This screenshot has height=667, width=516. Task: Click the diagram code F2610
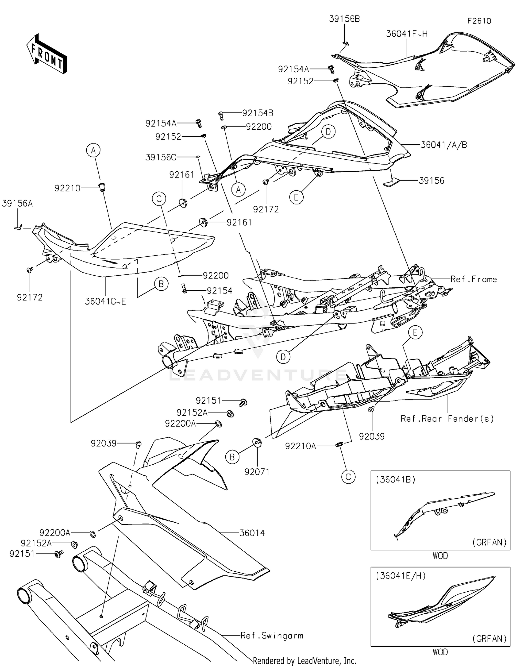tap(479, 21)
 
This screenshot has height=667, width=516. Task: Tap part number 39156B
tap(344, 19)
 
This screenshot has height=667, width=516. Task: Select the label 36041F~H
tap(407, 34)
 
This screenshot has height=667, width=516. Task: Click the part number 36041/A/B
tap(443, 145)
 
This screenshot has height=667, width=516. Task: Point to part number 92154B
tap(258, 113)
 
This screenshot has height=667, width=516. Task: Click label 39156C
tap(161, 157)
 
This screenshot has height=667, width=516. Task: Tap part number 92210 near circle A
tap(67, 188)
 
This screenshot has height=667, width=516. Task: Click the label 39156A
tap(17, 203)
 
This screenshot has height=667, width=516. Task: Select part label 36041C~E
tap(106, 301)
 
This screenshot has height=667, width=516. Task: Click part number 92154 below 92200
tap(219, 291)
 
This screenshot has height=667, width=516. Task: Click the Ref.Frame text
tap(473, 279)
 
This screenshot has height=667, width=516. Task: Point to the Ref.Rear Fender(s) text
tap(447, 419)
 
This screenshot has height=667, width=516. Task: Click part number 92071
tap(257, 472)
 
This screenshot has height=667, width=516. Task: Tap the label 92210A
tap(300, 446)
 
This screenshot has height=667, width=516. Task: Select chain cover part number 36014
tap(252, 533)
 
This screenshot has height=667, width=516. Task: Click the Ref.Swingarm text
tap(272, 636)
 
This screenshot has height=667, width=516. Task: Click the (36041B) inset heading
tap(396, 479)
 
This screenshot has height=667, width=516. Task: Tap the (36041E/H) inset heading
tap(401, 576)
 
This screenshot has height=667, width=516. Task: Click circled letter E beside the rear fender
tap(415, 332)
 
